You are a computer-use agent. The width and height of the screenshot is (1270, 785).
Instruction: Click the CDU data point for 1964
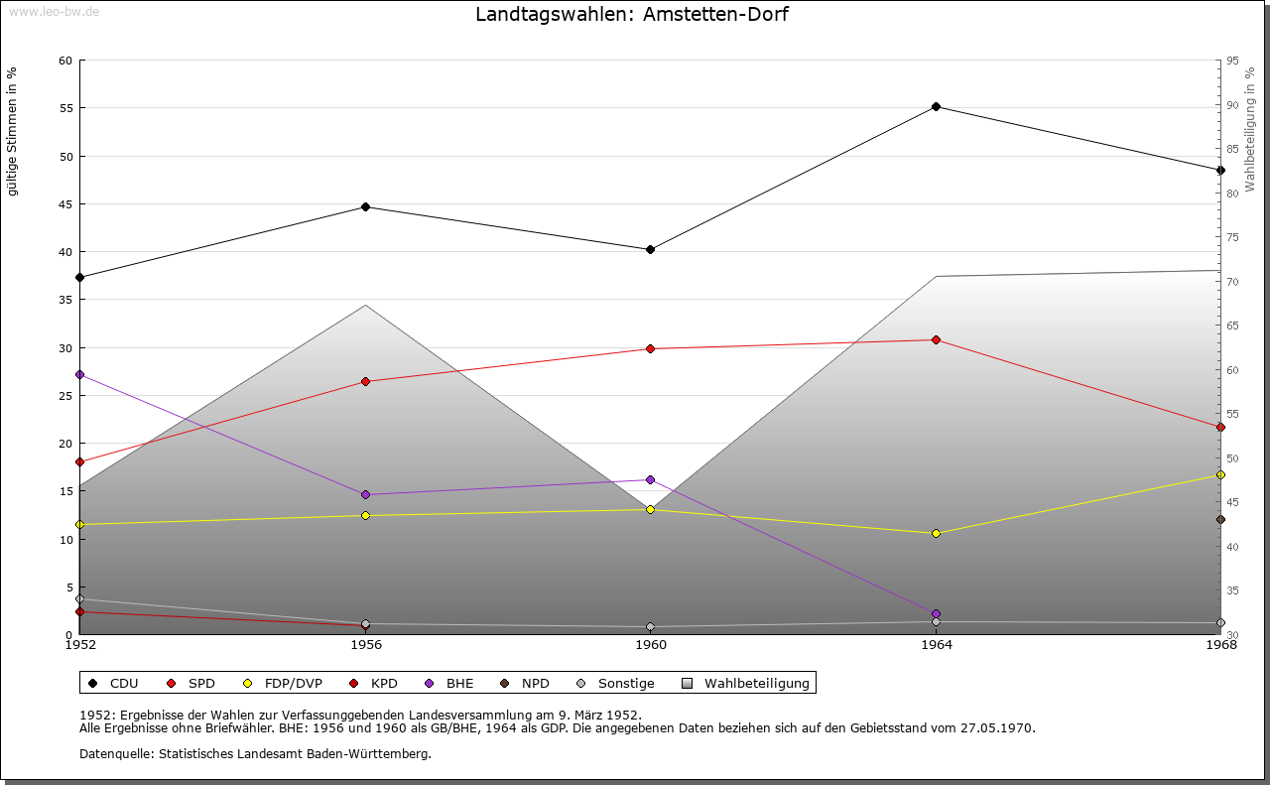936,107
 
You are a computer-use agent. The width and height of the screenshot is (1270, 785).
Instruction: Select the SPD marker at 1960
650,349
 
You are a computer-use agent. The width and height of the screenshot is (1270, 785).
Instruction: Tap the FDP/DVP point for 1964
936,534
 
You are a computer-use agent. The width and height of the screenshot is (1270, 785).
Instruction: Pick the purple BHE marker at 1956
365,495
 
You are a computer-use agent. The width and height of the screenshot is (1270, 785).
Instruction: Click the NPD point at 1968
1220,520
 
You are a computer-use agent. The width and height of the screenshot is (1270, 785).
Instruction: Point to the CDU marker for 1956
365,207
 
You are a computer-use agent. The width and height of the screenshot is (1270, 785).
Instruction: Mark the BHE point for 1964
936,614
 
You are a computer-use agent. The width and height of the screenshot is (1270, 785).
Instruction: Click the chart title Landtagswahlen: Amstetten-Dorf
632,15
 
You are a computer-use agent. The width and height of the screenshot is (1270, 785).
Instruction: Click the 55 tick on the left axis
65,108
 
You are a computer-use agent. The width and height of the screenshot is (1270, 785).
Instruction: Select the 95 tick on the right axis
1232,61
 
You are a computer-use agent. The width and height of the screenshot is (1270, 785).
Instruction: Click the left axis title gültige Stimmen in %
13,131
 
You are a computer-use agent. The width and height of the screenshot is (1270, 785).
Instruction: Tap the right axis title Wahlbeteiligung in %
1250,129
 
